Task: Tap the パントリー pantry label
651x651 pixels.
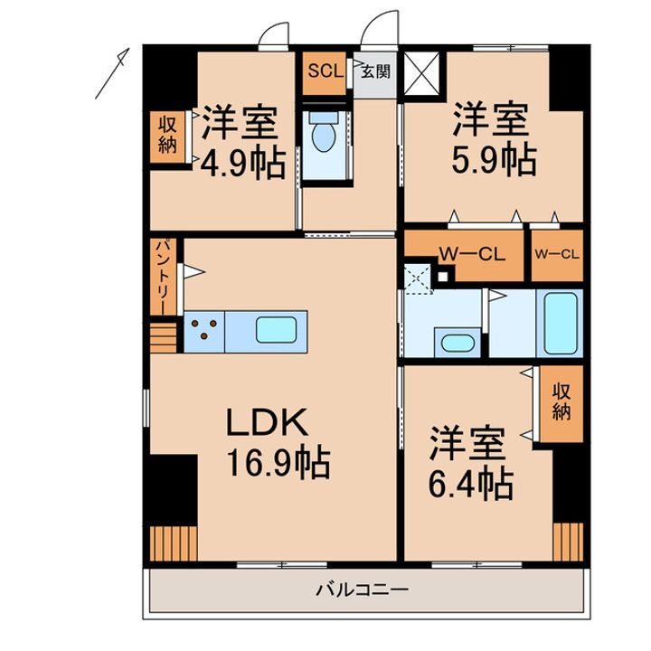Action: tap(158, 276)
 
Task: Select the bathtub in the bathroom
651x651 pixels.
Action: tap(560, 323)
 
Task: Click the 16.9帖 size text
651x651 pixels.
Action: tap(277, 465)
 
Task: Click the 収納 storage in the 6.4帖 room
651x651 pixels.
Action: tap(561, 402)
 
